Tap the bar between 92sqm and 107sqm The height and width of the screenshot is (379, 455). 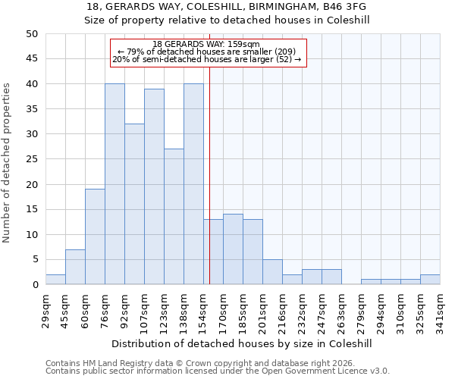(134, 204)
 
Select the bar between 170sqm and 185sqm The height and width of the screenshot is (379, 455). (233, 249)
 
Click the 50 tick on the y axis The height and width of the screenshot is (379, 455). (32, 34)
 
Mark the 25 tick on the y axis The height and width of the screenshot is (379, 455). (32, 159)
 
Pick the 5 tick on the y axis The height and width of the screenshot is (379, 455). (35, 260)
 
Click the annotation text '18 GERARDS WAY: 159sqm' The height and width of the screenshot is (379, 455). (206, 44)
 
